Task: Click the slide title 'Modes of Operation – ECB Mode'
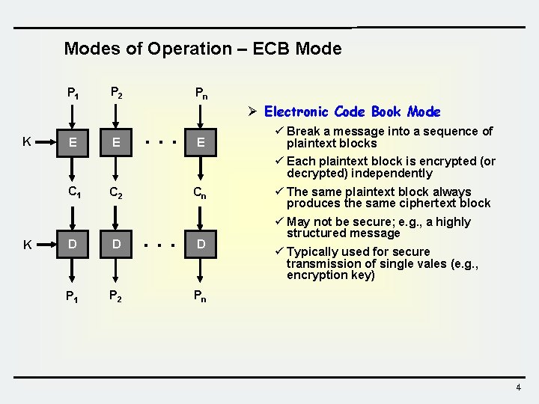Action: [202, 49]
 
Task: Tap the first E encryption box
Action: [72, 141]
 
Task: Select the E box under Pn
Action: [200, 141]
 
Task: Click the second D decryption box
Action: [115, 245]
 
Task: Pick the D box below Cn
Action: [200, 245]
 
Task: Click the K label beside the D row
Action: [26, 245]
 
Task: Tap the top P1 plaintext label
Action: [73, 94]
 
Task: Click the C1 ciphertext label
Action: [74, 192]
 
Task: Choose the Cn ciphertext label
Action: [200, 192]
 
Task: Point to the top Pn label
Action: [201, 94]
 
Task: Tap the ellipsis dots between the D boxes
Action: [160, 244]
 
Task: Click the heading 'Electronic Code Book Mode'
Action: [352, 112]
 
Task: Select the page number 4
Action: [518, 388]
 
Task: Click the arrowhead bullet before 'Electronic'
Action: [253, 112]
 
